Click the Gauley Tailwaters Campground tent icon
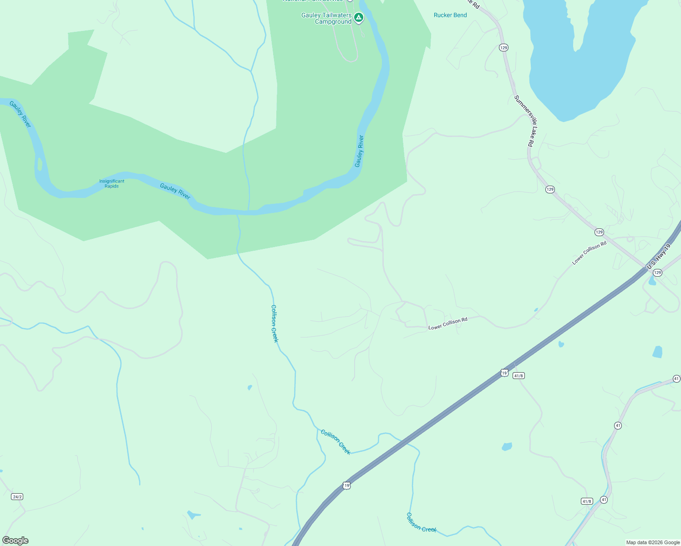359,18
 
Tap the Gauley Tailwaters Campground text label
326,19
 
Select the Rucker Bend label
450,15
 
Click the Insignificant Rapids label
112,183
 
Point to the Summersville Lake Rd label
523,121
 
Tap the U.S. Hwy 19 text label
659,256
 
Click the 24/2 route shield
17,496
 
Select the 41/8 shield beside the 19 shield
518,375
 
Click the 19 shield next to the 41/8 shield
504,373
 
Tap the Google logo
15,541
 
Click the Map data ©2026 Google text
653,542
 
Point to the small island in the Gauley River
40,164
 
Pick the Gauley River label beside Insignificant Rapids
175,191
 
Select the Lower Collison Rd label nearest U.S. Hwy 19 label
590,253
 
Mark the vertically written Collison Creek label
274,323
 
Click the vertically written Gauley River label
360,151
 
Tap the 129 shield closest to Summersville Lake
503,47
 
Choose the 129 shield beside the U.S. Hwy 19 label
657,273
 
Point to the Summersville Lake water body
583,50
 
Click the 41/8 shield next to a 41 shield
587,501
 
